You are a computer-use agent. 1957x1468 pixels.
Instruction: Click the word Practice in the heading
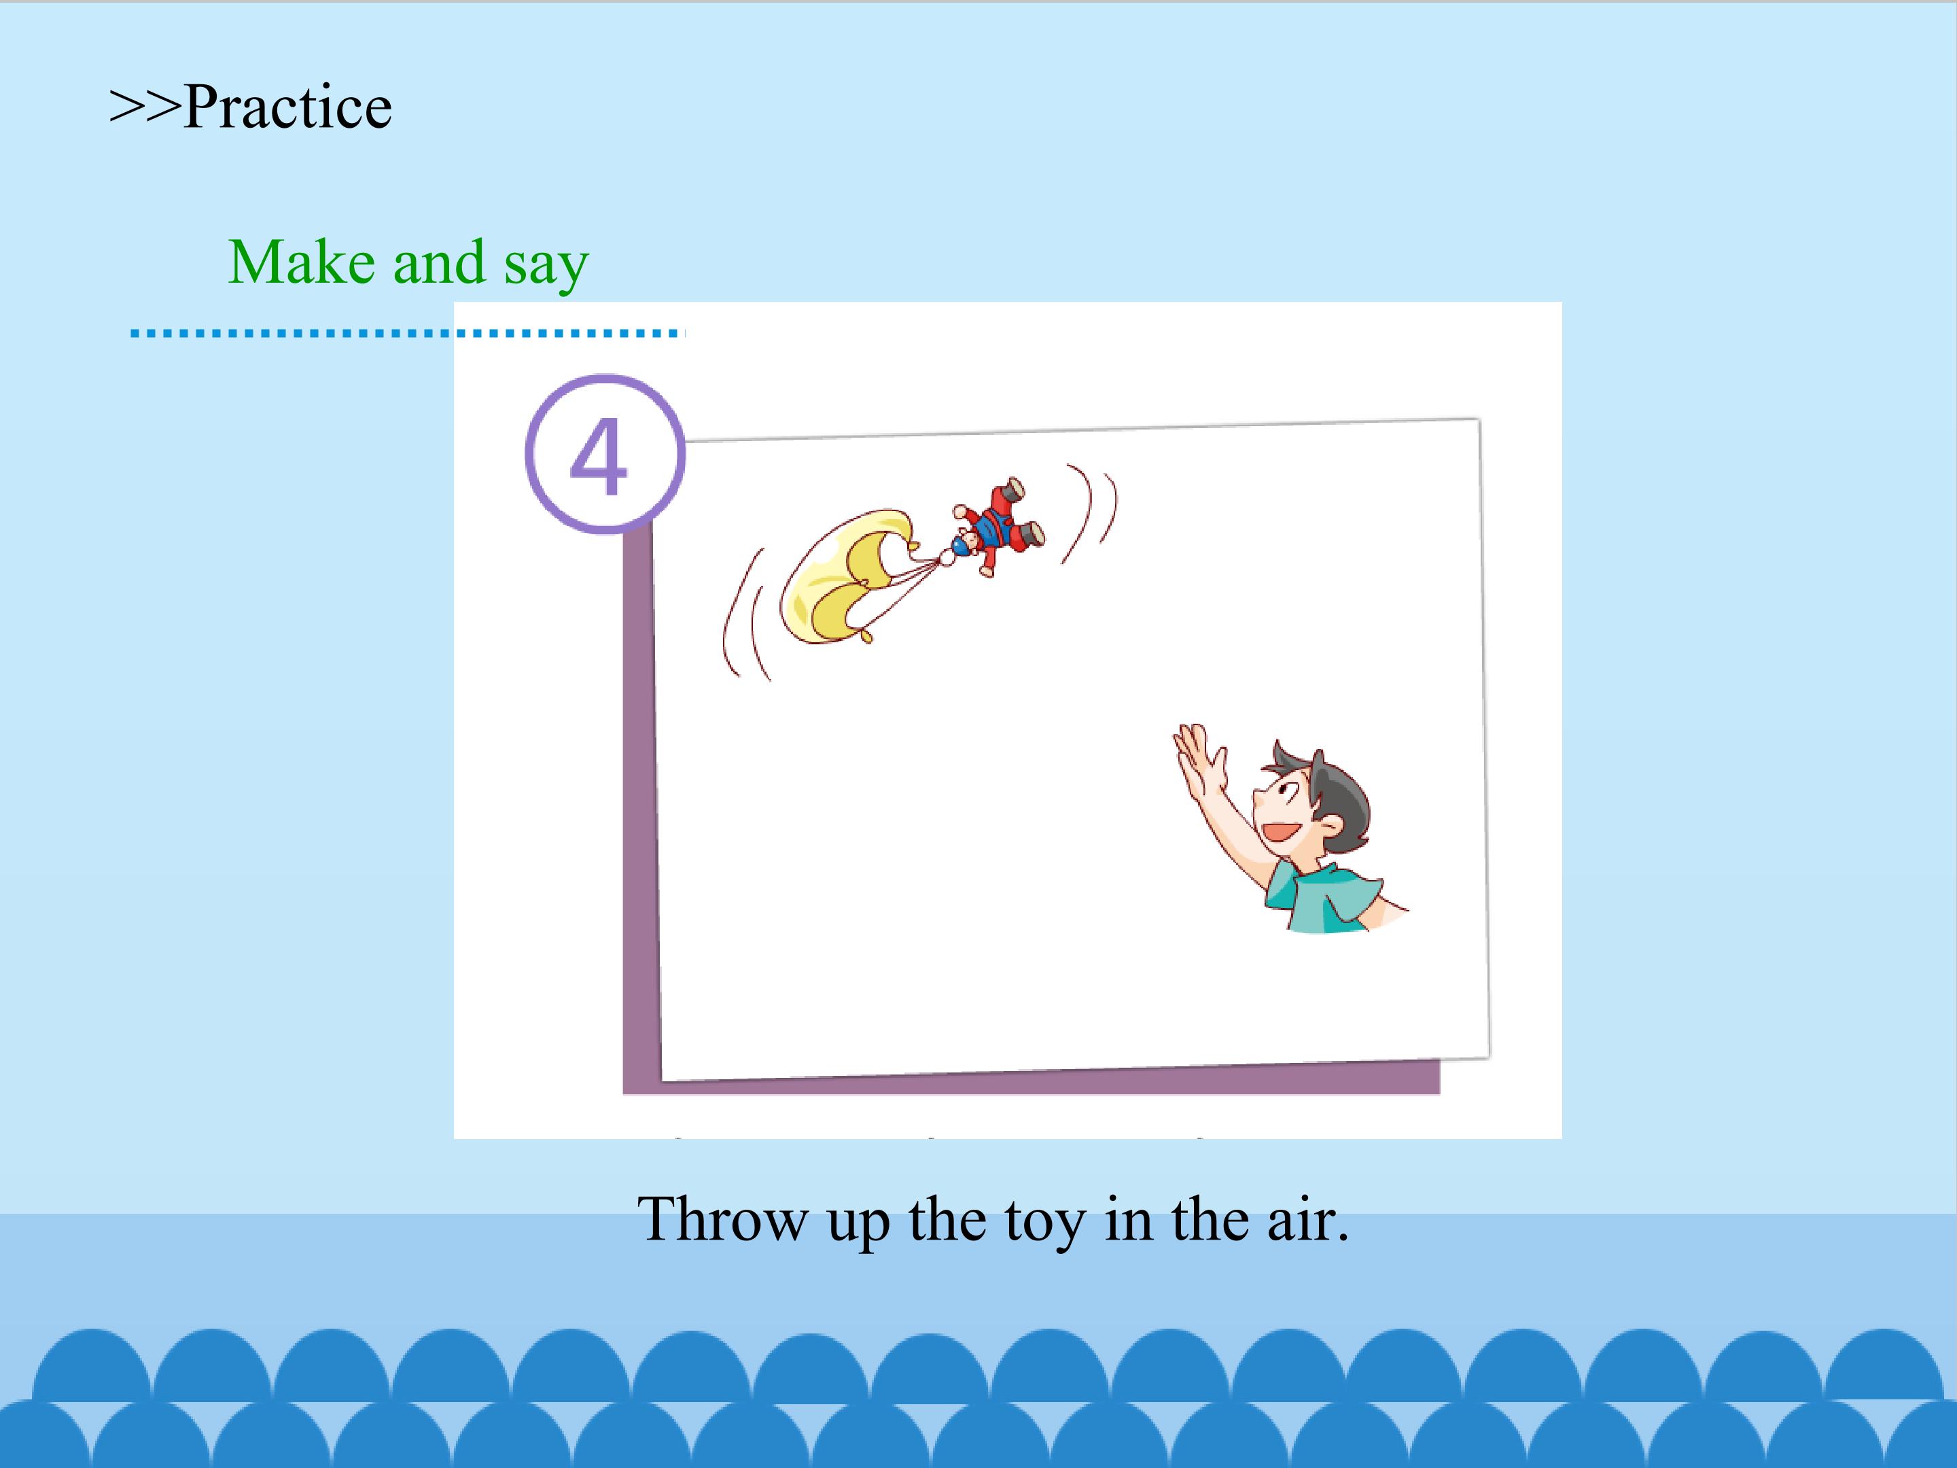coord(287,107)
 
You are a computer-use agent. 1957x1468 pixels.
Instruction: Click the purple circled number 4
coord(605,454)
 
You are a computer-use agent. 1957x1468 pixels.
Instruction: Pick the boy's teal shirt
coord(1322,896)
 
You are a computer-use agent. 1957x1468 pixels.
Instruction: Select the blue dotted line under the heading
coord(408,334)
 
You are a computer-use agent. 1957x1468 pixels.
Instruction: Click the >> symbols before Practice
coord(145,108)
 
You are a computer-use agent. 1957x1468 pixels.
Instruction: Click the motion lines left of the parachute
coord(746,615)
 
